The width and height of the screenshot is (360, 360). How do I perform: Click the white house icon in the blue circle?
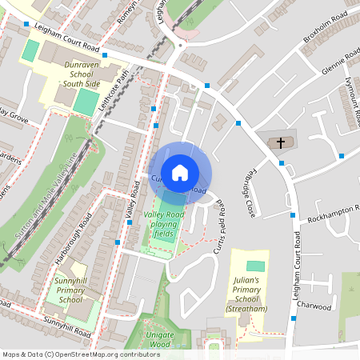pos(180,171)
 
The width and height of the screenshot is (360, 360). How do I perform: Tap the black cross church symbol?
pos(280,144)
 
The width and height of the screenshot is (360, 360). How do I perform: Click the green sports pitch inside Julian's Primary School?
pos(255,266)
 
